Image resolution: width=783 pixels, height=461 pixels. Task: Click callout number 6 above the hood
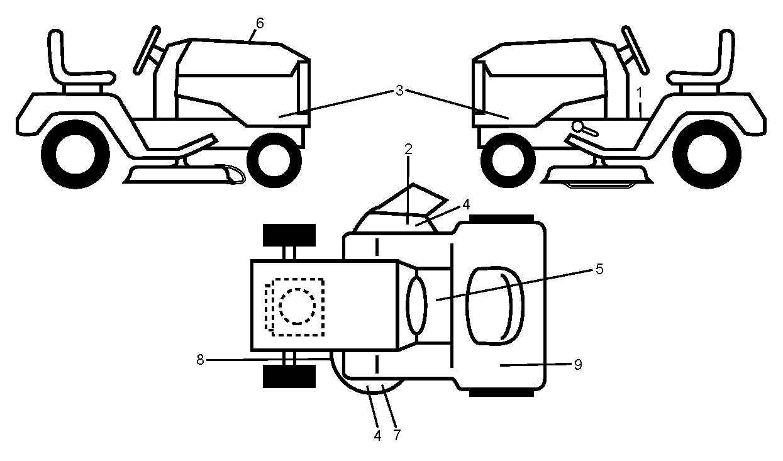[x=260, y=23]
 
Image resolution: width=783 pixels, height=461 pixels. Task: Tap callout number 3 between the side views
[x=399, y=91]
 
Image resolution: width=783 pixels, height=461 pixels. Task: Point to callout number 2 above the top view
[x=408, y=149]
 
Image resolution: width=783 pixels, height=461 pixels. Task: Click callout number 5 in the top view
[x=599, y=269]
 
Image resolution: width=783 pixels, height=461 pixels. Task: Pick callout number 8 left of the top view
[x=200, y=359]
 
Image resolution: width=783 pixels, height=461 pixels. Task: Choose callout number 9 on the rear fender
[x=578, y=365]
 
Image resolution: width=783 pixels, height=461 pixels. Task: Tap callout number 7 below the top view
[x=397, y=435]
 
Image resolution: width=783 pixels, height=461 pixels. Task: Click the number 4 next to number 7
[x=377, y=435]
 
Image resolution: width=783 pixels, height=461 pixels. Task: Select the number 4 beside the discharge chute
[x=466, y=205]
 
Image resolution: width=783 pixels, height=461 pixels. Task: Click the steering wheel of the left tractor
[x=147, y=50]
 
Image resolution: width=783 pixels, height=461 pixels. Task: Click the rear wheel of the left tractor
[x=75, y=154]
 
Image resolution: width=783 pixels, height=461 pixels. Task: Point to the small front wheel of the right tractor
[x=508, y=160]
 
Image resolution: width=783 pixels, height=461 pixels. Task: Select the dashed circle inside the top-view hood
[x=297, y=306]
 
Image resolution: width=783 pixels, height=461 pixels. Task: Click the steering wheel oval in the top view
[x=416, y=305]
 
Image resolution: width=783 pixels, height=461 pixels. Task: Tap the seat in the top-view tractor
[x=494, y=306]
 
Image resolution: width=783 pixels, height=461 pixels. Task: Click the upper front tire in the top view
[x=289, y=235]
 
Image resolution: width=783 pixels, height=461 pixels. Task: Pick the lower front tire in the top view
[x=289, y=377]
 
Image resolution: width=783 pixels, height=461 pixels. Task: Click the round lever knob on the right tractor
[x=579, y=126]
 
